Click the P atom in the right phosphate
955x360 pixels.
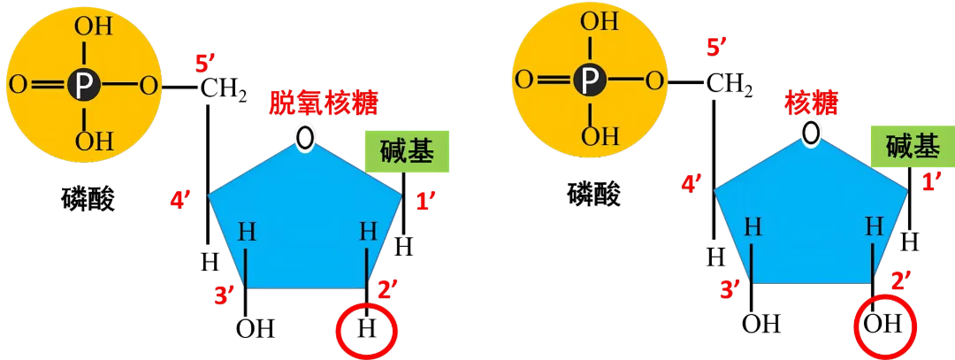[587, 81]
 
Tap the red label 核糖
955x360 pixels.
[812, 103]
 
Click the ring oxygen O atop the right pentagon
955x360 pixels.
[811, 132]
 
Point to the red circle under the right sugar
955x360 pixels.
[884, 325]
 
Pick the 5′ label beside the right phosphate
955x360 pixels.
[715, 48]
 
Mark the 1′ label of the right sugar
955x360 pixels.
[931, 182]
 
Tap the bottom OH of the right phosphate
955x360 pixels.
[599, 136]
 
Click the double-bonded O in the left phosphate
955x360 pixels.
[17, 86]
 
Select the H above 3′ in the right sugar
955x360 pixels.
[753, 226]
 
